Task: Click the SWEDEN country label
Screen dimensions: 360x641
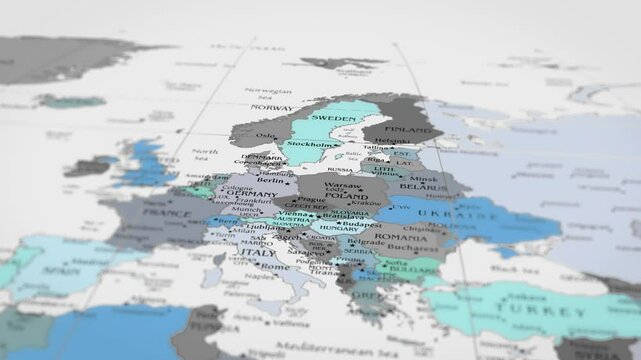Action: (334, 118)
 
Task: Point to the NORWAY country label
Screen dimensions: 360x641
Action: (271, 107)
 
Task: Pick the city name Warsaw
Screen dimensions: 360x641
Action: (343, 185)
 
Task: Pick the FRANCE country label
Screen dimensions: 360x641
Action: (167, 213)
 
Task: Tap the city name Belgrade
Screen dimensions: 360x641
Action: (365, 242)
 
